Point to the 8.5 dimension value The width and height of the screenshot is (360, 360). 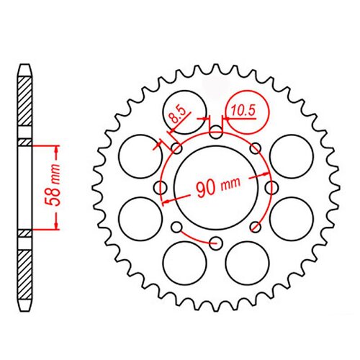tap(177, 114)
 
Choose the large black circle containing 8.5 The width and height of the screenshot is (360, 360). tap(184, 112)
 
